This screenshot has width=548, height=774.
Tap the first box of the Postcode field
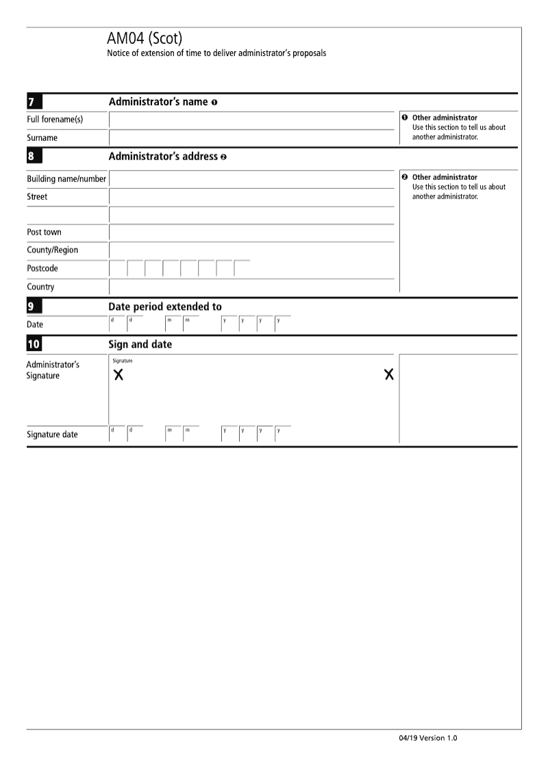(x=117, y=268)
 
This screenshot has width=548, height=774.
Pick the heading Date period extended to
(x=165, y=307)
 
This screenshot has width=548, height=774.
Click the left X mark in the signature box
(x=118, y=375)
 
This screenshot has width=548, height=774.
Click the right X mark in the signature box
(x=389, y=374)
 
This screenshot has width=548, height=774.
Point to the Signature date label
(x=52, y=435)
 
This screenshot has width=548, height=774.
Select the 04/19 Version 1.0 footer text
(x=427, y=738)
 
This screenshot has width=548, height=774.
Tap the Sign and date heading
(x=140, y=344)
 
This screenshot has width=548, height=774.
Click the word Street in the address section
(x=37, y=197)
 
